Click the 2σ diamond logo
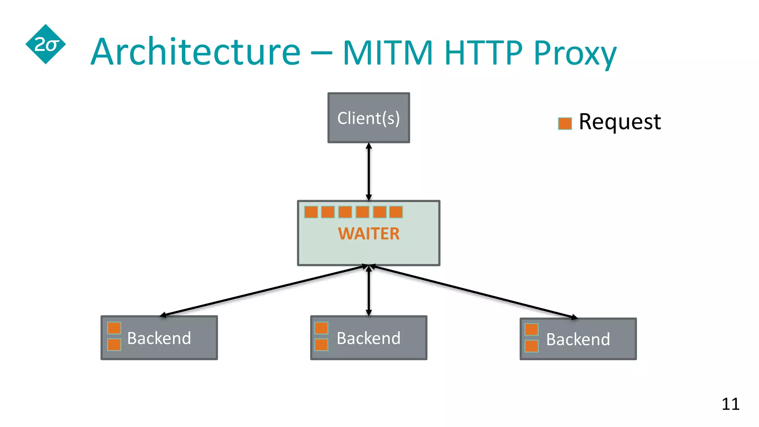46,44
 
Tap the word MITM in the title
388,52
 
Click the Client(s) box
369,118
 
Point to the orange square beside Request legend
565,123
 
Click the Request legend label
620,122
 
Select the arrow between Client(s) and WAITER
369,172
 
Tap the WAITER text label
369,234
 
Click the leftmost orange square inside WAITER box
311,212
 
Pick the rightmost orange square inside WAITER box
396,212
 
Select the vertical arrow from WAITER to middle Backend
369,291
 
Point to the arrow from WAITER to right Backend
474,291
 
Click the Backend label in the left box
159,338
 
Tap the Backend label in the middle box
368,338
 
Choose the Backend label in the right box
578,339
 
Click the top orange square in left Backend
114,328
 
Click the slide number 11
730,404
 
